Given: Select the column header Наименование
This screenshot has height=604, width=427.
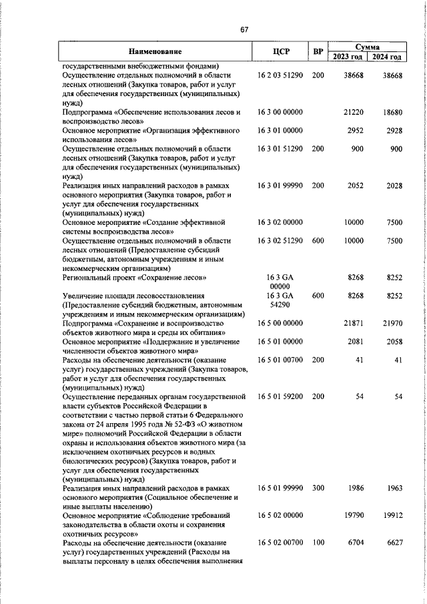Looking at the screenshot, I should (x=155, y=51).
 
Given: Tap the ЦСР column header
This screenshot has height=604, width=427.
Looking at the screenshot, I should (x=280, y=51).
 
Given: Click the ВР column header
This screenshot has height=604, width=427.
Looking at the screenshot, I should (x=318, y=51).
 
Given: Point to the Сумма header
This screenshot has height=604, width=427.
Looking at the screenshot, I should (x=368, y=47).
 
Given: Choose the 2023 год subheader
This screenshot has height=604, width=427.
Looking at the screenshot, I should (x=348, y=57).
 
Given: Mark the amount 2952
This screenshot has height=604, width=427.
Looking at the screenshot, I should (x=356, y=131).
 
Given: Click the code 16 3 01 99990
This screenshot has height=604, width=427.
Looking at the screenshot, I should (x=280, y=186).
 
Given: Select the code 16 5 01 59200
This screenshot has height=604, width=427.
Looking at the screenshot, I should (x=280, y=396).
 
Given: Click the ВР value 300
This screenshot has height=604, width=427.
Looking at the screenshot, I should (x=318, y=489).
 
